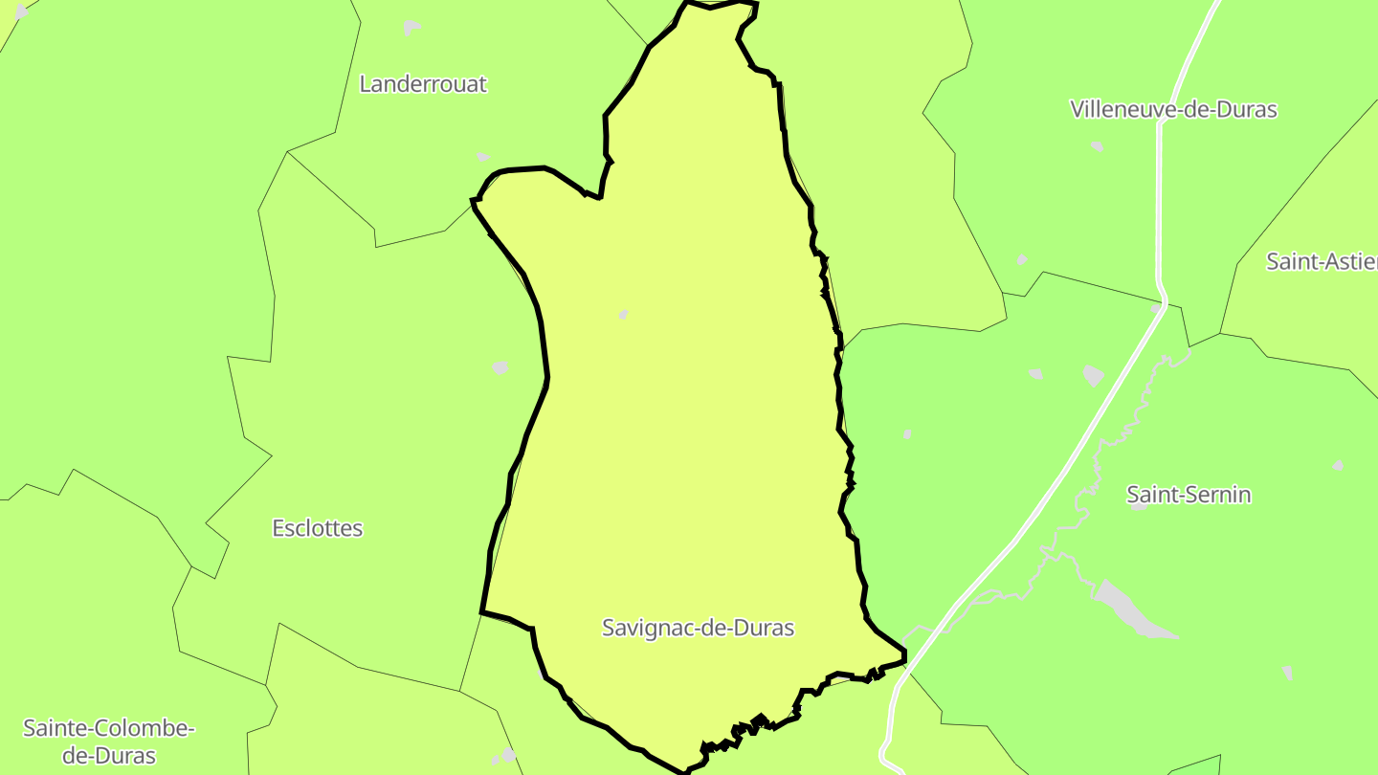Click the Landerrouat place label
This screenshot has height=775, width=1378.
(423, 84)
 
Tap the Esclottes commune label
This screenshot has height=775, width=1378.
(318, 528)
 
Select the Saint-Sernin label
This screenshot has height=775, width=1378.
(1189, 495)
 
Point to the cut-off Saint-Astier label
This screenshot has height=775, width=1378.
(1322, 261)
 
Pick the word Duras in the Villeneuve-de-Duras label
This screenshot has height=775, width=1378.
(1245, 109)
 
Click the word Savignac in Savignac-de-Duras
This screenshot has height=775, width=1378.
(644, 628)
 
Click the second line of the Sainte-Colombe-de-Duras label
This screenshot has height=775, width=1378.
(109, 755)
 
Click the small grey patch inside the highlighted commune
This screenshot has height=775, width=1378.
(623, 314)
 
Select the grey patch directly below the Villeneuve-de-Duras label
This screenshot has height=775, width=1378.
(1097, 146)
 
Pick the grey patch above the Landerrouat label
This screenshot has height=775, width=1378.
(411, 27)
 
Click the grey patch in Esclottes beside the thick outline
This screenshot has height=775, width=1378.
(500, 367)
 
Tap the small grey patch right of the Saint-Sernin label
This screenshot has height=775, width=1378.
(1338, 466)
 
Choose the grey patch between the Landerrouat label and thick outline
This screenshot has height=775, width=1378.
(482, 156)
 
